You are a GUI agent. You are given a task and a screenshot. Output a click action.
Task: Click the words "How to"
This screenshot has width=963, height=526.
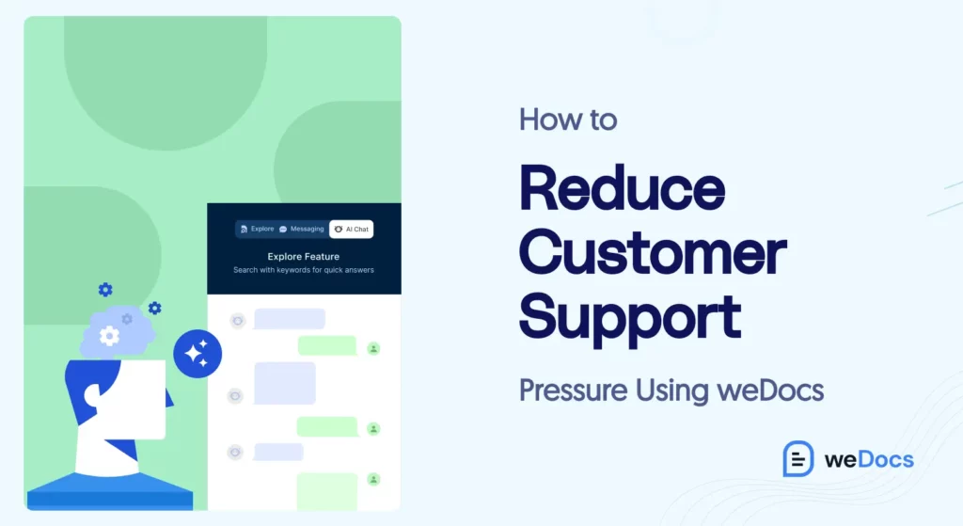click(x=568, y=120)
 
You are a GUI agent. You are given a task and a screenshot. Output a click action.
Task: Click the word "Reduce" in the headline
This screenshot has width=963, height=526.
click(x=622, y=188)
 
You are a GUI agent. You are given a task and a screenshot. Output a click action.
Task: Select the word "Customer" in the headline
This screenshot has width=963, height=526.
click(x=653, y=251)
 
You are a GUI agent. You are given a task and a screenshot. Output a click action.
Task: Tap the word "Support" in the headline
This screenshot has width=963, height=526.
click(x=630, y=316)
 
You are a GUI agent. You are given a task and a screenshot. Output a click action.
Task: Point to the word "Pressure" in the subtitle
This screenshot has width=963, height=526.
click(x=571, y=389)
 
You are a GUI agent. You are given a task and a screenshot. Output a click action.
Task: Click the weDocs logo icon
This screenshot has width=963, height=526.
click(x=797, y=459)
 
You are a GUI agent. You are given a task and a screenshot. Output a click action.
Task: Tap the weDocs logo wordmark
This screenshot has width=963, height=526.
click(x=868, y=459)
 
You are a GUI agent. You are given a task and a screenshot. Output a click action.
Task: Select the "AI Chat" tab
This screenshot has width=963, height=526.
click(x=352, y=229)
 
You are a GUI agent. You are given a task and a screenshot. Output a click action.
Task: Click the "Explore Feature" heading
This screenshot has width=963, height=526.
click(x=303, y=256)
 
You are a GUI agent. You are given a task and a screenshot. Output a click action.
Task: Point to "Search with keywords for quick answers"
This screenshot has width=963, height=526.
click(x=303, y=270)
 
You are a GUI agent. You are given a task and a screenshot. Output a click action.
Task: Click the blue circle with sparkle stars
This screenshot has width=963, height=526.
click(x=197, y=354)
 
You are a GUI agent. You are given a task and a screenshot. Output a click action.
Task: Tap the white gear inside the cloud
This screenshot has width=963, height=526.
click(x=109, y=335)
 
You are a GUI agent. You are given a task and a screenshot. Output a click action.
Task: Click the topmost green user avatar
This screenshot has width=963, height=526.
click(x=373, y=348)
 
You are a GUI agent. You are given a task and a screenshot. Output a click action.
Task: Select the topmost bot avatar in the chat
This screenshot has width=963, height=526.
click(x=237, y=321)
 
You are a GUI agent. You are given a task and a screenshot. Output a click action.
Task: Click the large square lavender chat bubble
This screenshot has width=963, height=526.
click(x=285, y=383)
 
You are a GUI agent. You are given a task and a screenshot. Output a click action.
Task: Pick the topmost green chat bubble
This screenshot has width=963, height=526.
click(x=326, y=345)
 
